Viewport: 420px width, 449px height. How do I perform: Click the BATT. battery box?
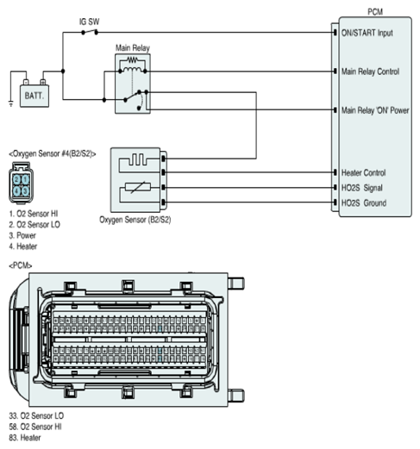pos(34,96)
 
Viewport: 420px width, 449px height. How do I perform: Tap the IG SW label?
pos(90,22)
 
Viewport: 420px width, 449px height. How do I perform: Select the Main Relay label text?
pos(133,47)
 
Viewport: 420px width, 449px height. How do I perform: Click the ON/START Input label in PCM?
pos(367,33)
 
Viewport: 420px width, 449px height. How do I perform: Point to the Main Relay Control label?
pos(370,72)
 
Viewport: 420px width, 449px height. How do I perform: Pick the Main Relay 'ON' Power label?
pos(375,110)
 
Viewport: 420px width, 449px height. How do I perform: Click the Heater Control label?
pos(363,172)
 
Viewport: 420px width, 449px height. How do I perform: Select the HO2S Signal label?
pos(362,188)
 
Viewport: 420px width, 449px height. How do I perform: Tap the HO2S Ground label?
pos(364,203)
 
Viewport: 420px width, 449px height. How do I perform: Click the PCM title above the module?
pos(375,12)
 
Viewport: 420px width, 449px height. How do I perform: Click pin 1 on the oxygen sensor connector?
pos(26,180)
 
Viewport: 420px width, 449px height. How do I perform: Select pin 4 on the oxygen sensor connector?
pos(16,190)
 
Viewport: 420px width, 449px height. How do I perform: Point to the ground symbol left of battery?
pos(11,103)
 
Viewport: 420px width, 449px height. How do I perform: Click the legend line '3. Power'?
pos(22,235)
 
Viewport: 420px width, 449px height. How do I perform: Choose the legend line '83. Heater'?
pos(25,438)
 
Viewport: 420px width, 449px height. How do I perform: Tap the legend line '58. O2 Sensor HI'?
pos(35,427)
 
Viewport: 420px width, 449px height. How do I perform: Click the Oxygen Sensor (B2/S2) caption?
pos(135,220)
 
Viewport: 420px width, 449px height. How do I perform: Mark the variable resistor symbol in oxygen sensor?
pos(138,188)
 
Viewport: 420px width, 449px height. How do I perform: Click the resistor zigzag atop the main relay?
pos(132,60)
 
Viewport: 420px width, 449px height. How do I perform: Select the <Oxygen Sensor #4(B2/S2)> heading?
pos(53,154)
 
